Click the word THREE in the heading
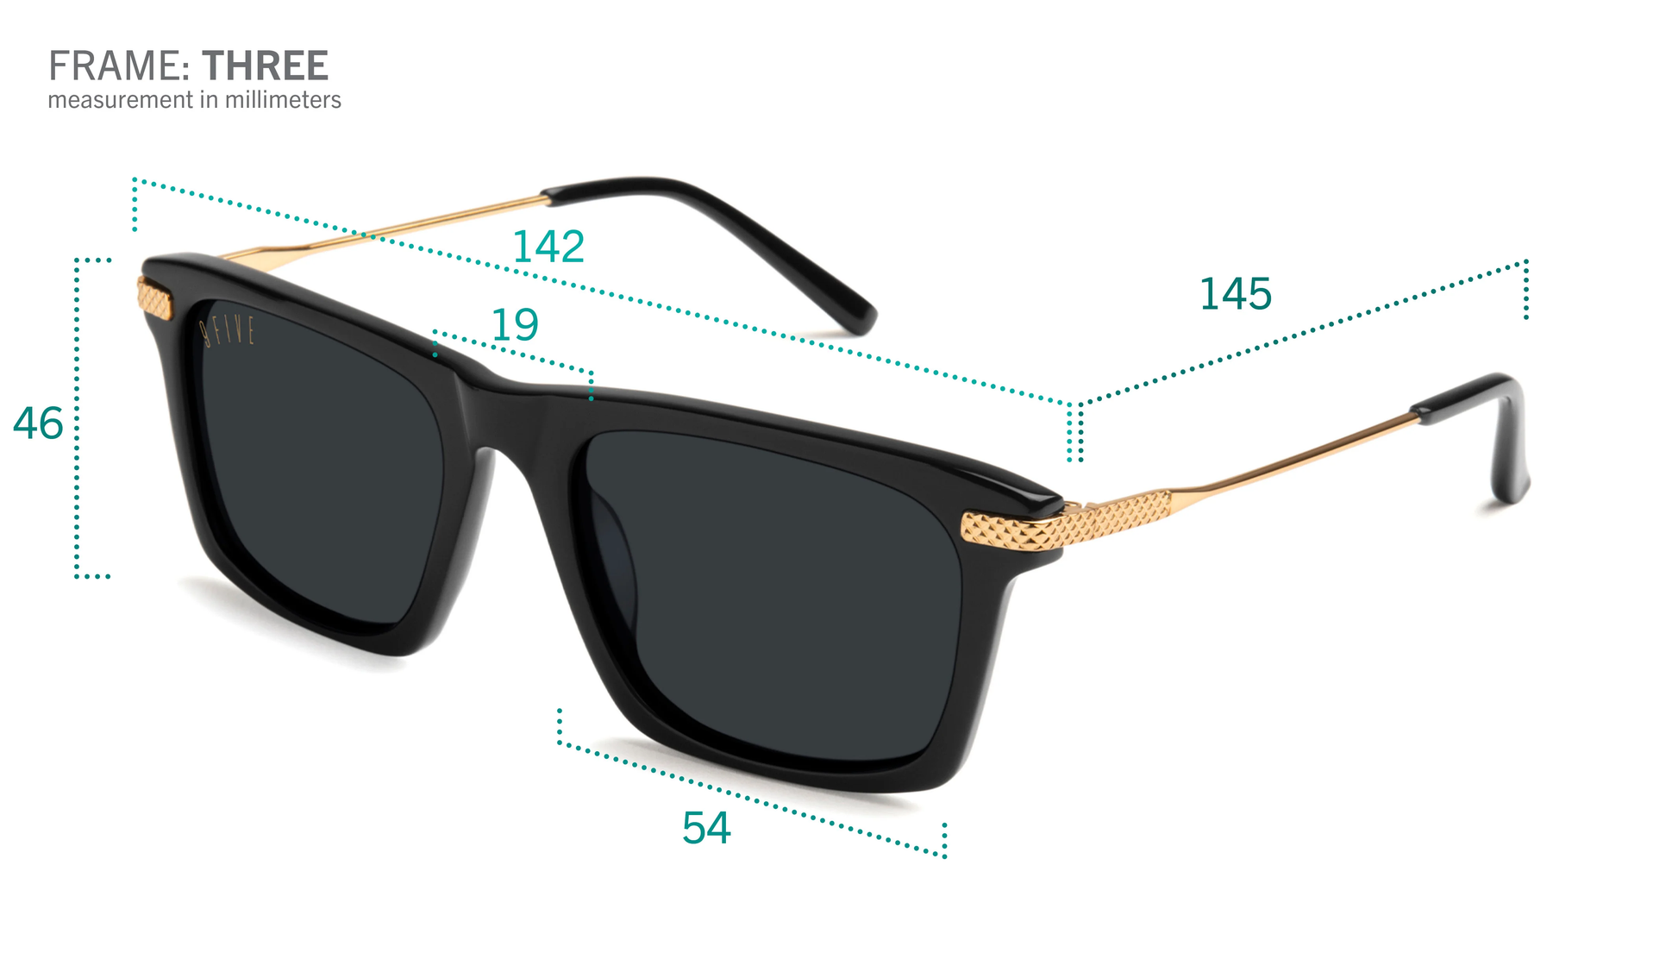(x=265, y=66)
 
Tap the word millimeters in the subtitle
(x=283, y=100)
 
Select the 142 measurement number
(x=548, y=248)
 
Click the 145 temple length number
(x=1235, y=294)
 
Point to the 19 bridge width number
(x=515, y=325)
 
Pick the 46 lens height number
(x=38, y=424)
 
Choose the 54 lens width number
(x=706, y=828)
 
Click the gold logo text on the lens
(x=229, y=331)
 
